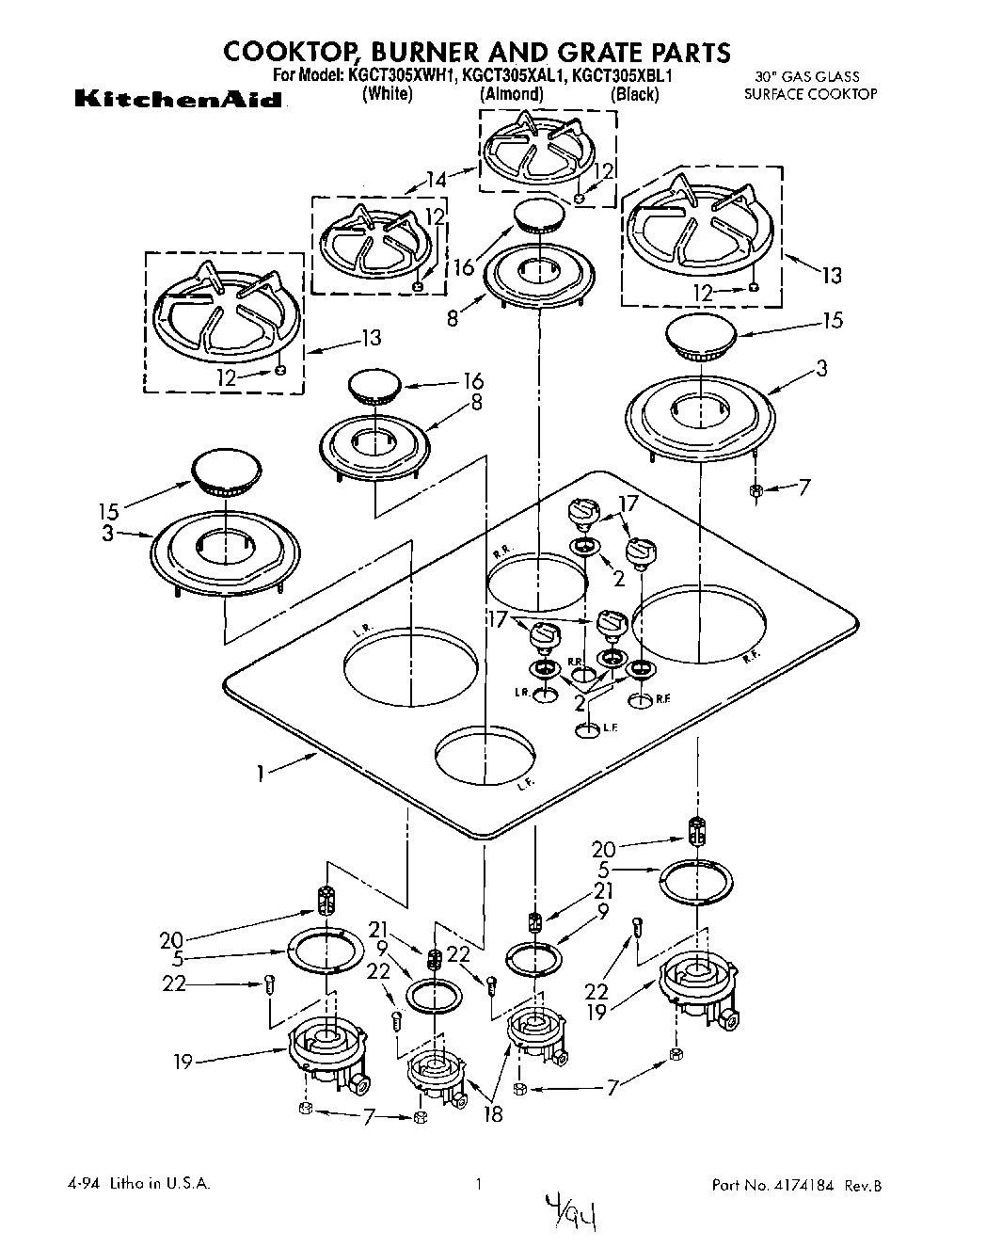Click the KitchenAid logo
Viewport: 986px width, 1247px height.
pyautogui.click(x=177, y=99)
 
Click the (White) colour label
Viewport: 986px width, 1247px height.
pyautogui.click(x=388, y=93)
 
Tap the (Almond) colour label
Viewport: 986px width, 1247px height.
pyautogui.click(x=512, y=93)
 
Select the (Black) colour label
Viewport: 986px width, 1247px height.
pyautogui.click(x=634, y=93)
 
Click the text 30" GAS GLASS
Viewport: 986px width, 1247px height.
pyautogui.click(x=808, y=77)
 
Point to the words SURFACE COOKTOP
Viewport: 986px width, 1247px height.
pyautogui.click(x=810, y=94)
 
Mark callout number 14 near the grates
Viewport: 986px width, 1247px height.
pyautogui.click(x=436, y=179)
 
